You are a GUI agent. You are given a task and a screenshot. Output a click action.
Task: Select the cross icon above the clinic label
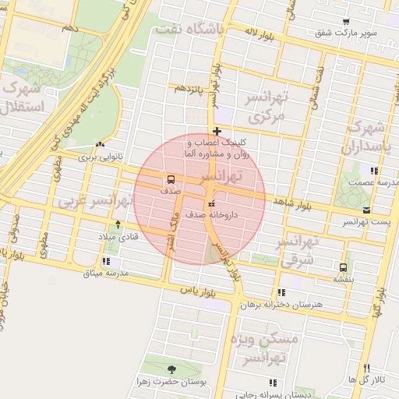click(x=217, y=131)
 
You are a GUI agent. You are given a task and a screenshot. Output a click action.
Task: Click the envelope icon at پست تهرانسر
click(x=366, y=210)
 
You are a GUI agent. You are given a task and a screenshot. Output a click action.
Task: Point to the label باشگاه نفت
click(x=189, y=30)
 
